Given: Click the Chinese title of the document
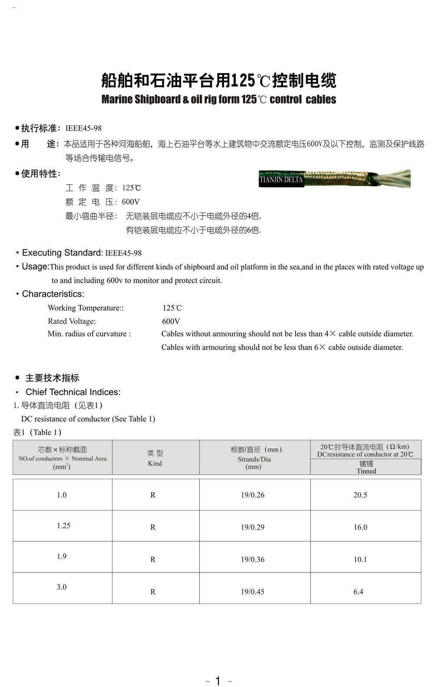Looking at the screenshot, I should coord(218,81).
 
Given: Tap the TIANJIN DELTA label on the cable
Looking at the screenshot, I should coord(281,180).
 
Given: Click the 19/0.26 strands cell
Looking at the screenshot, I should coord(253,495).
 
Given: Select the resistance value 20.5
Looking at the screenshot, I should coord(360,495).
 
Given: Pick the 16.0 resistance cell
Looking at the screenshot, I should coord(360,527).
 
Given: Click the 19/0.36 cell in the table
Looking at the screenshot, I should coord(253,559).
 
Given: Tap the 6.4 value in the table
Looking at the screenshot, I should coord(359,592).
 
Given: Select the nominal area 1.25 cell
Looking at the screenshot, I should coord(63,526).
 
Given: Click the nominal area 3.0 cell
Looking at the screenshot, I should coord(62,587).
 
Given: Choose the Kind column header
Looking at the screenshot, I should coord(155,458).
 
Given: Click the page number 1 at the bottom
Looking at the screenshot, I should coord(218,680).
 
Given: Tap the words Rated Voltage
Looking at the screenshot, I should coord(72,321).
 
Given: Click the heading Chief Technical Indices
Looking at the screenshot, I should coord(73,392).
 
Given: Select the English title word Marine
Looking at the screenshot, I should coord(117,99).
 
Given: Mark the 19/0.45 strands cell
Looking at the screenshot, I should coord(253,592).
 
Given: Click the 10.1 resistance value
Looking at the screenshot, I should coord(360,559).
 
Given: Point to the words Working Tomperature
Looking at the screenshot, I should coord(85,308).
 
